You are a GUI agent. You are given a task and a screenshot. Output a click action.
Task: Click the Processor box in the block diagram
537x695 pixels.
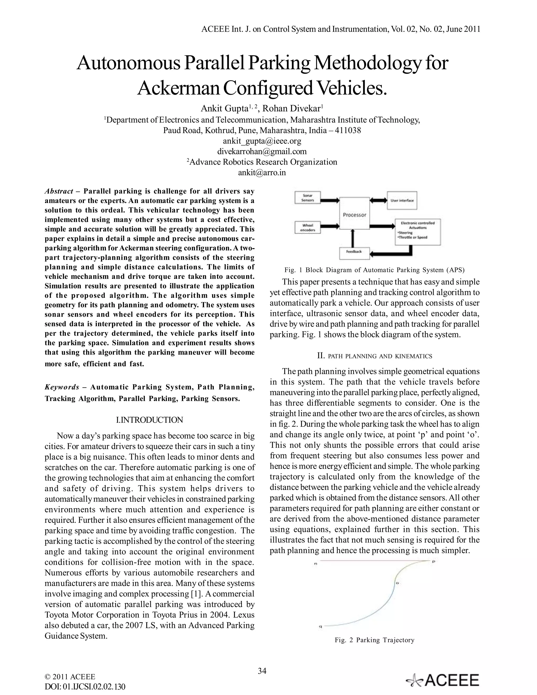[x=355, y=213]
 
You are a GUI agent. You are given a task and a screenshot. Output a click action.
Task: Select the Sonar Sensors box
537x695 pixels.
[x=308, y=198]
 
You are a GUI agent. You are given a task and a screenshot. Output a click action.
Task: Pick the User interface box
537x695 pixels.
[x=402, y=200]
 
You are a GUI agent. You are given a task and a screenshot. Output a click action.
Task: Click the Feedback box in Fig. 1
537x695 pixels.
[x=354, y=252]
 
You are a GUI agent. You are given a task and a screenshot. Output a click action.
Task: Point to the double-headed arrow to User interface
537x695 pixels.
[x=378, y=200]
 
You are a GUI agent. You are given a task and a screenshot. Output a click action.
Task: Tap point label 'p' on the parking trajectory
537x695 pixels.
[x=433, y=562]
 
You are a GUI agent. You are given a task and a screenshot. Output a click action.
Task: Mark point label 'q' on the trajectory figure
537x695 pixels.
[x=320, y=627]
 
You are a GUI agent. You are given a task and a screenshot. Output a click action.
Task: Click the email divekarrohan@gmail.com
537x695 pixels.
[x=262, y=152]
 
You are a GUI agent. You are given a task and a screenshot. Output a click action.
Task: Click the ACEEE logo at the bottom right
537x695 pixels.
[x=443, y=680]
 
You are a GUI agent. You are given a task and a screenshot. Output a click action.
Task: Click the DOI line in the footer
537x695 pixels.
[x=85, y=687]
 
